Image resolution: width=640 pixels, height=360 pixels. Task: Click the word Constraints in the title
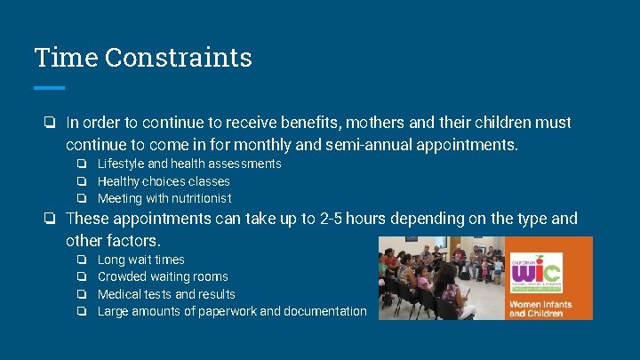coord(178,58)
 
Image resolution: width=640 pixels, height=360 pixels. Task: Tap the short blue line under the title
coord(50,87)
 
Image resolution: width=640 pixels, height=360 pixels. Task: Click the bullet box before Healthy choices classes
coord(81,181)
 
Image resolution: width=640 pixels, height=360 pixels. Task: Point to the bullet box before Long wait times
coord(81,260)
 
